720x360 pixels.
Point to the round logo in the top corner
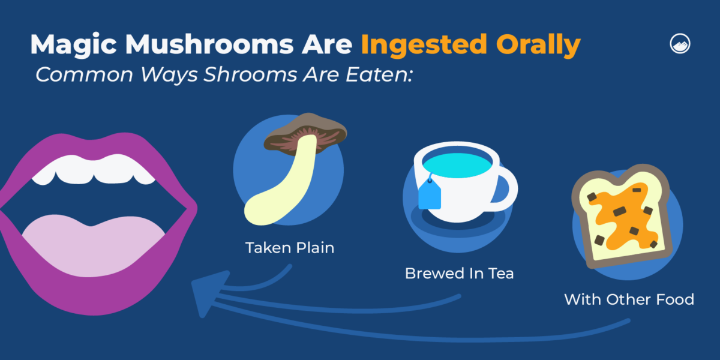pyautogui.click(x=680, y=44)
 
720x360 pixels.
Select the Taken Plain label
pyautogui.click(x=289, y=248)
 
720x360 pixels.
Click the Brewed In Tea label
pyautogui.click(x=459, y=274)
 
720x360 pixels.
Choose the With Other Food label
pyautogui.click(x=629, y=299)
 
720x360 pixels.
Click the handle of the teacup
pyautogui.click(x=509, y=186)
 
